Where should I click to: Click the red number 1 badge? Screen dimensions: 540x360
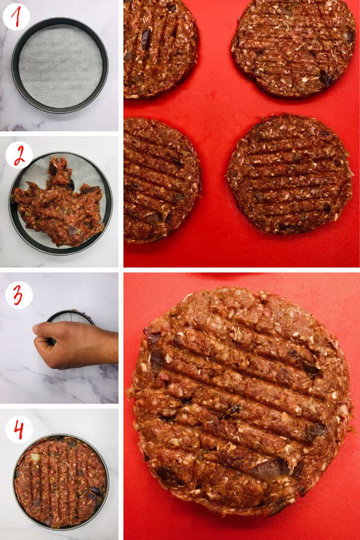16,17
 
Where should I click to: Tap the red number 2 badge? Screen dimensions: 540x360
19,155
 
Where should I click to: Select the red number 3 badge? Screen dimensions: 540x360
19,295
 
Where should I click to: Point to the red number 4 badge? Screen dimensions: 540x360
19,429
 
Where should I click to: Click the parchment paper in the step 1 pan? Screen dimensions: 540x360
60,66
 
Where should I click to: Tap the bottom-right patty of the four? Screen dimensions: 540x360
290,174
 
